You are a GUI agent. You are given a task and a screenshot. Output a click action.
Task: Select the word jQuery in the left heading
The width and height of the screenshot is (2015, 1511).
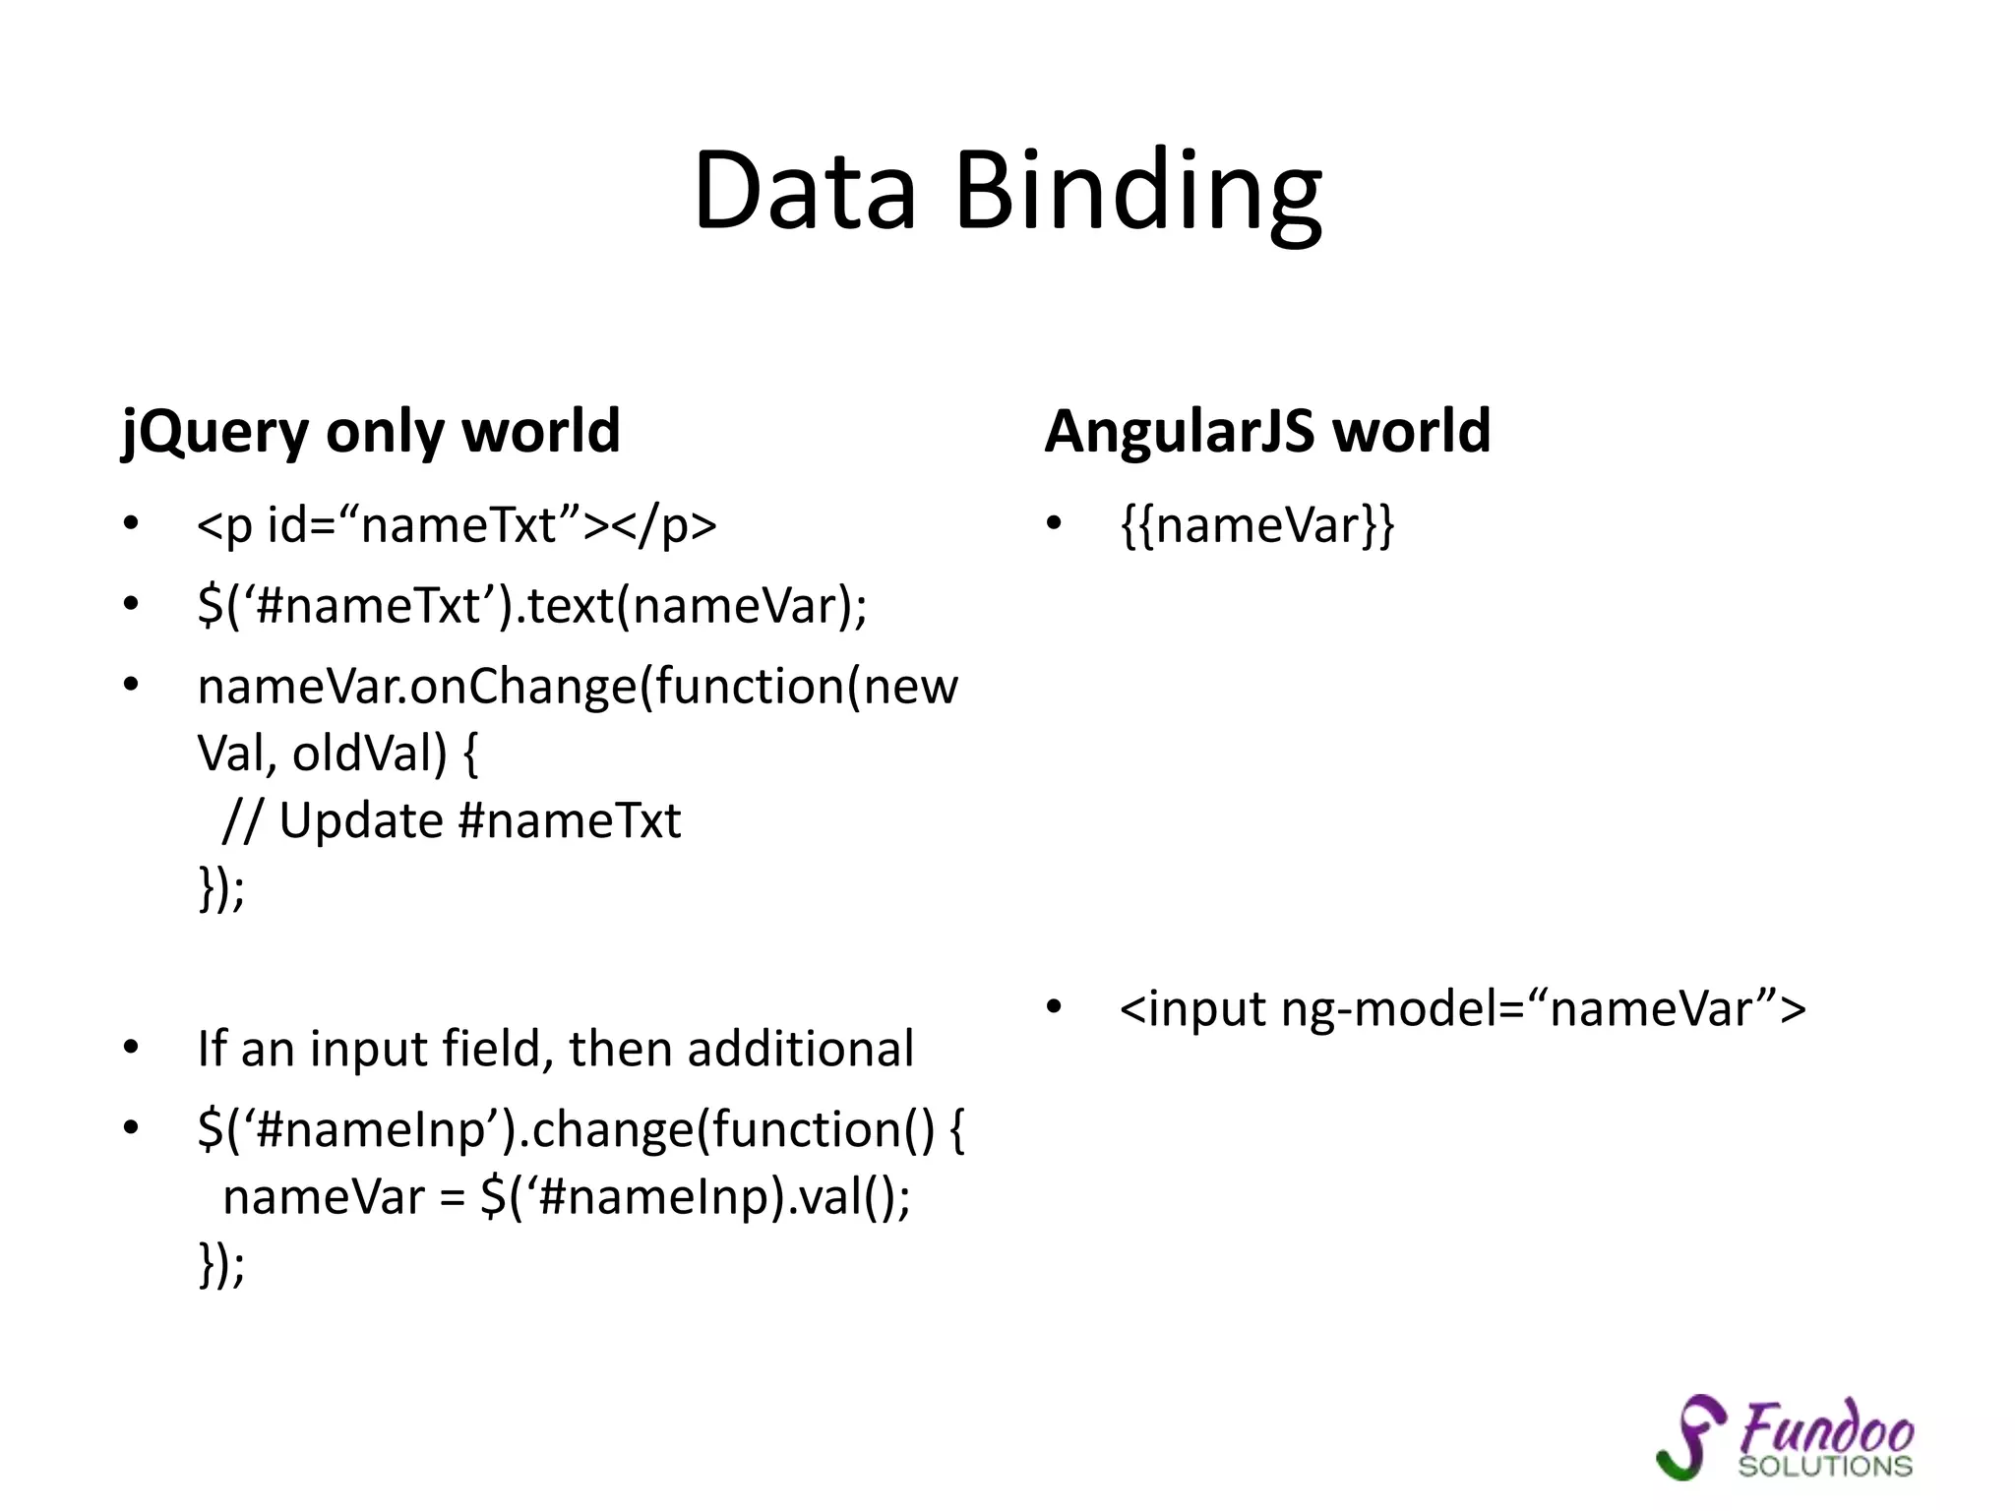pyautogui.click(x=215, y=432)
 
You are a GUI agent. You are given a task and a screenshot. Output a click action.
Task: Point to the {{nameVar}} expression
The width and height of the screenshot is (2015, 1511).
pyautogui.click(x=1257, y=524)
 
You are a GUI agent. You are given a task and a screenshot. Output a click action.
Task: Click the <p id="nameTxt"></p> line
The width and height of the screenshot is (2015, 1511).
pyautogui.click(x=457, y=524)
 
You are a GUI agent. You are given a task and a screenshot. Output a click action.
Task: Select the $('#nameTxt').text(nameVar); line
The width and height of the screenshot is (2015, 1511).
pyautogui.click(x=531, y=605)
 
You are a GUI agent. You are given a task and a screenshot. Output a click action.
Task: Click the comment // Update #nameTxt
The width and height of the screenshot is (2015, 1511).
pyautogui.click(x=452, y=820)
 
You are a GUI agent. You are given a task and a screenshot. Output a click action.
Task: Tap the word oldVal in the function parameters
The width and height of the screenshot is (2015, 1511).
pyautogui.click(x=370, y=755)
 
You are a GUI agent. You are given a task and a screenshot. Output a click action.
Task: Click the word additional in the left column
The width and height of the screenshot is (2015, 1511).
pyautogui.click(x=800, y=1049)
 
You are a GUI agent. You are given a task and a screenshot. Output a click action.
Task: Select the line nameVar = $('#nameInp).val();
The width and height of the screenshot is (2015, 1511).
pyautogui.click(x=567, y=1197)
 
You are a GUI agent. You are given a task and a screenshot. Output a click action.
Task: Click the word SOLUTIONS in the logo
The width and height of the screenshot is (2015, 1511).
pyautogui.click(x=1824, y=1467)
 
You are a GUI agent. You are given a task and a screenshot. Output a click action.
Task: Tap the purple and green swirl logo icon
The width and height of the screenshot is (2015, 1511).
pyautogui.click(x=1690, y=1436)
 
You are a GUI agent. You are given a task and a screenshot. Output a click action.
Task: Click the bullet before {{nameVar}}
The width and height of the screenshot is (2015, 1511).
pyautogui.click(x=1054, y=523)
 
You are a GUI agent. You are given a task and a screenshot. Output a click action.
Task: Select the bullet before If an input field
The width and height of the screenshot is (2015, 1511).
pyautogui.click(x=131, y=1048)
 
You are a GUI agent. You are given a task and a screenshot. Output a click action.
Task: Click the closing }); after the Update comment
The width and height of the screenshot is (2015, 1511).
pyautogui.click(x=221, y=887)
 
